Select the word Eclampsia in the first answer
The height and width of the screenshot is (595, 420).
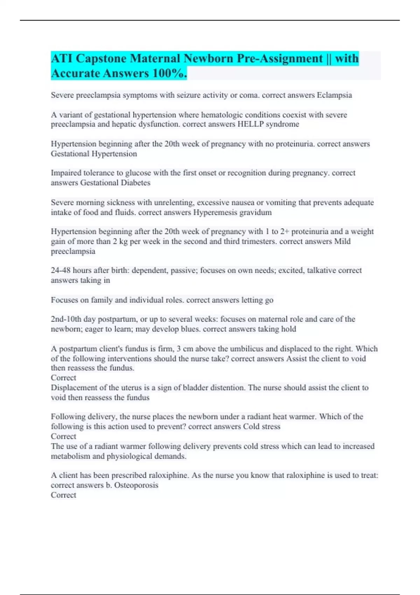click(x=334, y=95)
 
